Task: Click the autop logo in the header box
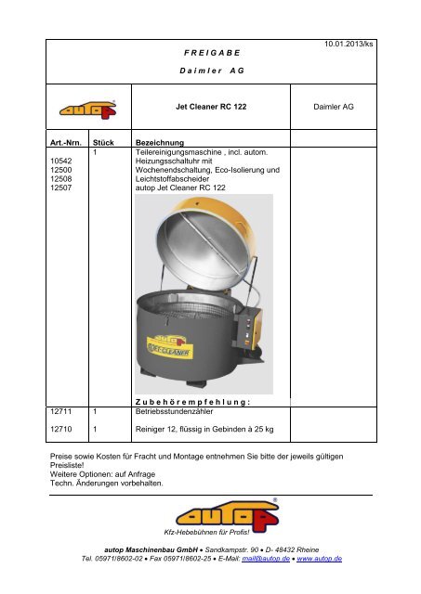pos(87,109)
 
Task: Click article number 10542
pos(59,161)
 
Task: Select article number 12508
pos(59,179)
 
